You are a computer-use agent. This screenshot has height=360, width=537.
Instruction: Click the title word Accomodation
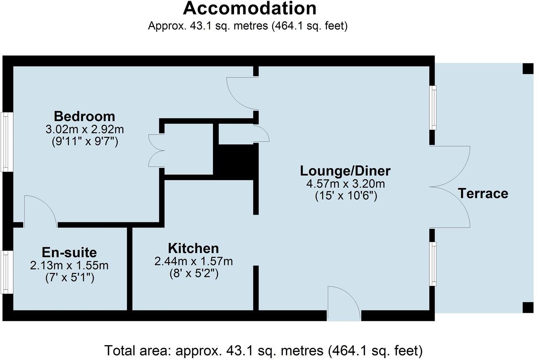click(x=250, y=8)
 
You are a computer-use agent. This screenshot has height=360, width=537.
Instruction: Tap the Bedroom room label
click(x=84, y=116)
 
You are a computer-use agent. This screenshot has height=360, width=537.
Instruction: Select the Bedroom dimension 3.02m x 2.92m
click(x=84, y=129)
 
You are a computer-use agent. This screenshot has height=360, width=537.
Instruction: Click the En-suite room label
click(x=69, y=252)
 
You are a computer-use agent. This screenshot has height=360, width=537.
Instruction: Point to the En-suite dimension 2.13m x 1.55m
click(x=69, y=265)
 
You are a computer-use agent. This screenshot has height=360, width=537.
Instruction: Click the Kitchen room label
click(x=193, y=248)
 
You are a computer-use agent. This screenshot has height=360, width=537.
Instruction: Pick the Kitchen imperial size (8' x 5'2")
click(x=193, y=274)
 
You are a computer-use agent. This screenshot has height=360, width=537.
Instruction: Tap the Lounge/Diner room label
click(x=345, y=171)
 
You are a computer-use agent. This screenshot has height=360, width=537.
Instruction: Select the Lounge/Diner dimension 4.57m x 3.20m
click(x=345, y=184)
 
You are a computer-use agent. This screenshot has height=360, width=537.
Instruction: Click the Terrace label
click(x=483, y=193)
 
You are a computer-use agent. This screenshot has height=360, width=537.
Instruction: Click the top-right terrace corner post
click(x=528, y=69)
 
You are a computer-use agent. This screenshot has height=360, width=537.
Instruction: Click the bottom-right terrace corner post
click(x=528, y=307)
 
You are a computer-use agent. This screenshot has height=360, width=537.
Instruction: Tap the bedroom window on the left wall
click(x=7, y=142)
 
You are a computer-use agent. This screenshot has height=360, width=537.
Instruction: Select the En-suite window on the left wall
click(x=7, y=272)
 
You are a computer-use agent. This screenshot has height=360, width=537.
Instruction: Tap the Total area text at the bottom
click(x=263, y=350)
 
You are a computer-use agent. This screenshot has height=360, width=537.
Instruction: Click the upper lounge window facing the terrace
click(x=433, y=108)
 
